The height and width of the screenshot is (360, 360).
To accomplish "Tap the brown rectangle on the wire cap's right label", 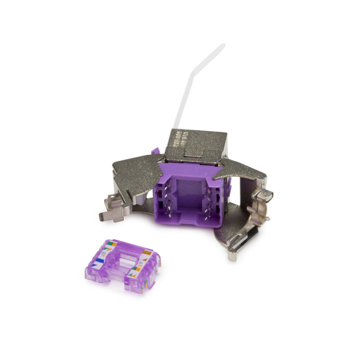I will point(148,252).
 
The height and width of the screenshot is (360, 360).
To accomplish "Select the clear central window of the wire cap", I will point(125,260).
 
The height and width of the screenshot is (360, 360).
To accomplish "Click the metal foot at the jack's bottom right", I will point(233,254).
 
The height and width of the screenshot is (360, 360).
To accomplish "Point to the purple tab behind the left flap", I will point(155,151).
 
